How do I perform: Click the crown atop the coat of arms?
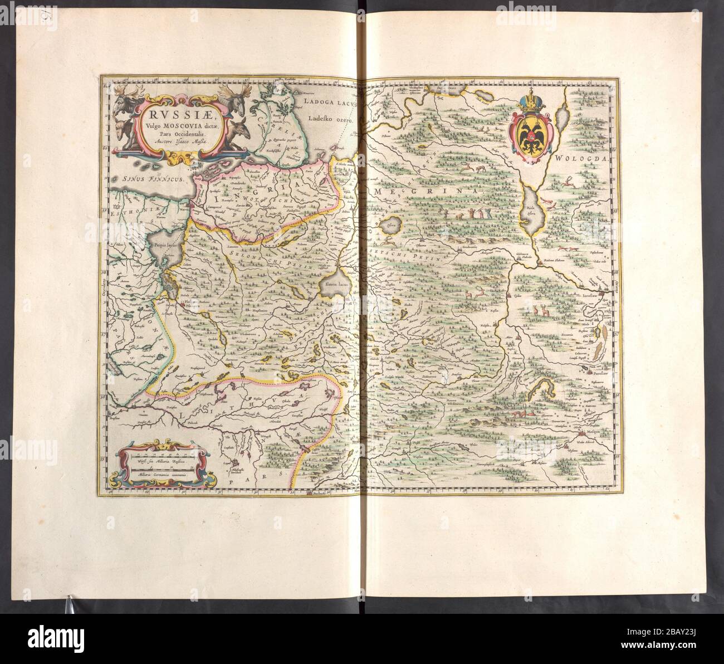pyautogui.click(x=529, y=102)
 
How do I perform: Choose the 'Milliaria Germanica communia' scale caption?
pyautogui.click(x=159, y=473)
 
